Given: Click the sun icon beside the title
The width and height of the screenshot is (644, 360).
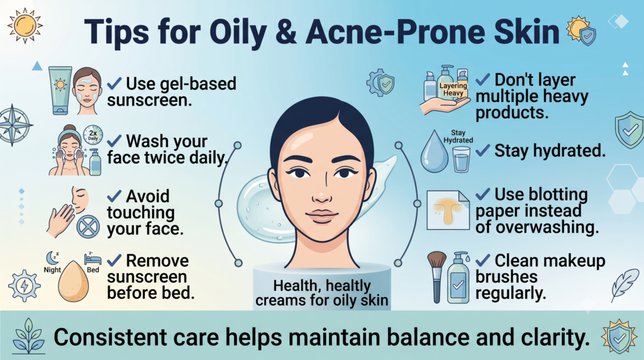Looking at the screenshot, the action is pyautogui.click(x=25, y=25).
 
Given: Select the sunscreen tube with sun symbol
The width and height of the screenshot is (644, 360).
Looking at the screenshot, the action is pyautogui.click(x=60, y=91).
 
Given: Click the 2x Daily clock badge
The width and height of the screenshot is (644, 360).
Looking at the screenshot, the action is pyautogui.click(x=93, y=135).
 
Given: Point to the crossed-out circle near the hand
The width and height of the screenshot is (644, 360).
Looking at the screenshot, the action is pyautogui.click(x=88, y=227).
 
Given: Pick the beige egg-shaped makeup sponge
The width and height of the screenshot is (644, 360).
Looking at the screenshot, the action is pyautogui.click(x=73, y=281).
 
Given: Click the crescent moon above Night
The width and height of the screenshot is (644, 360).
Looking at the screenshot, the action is pyautogui.click(x=52, y=258).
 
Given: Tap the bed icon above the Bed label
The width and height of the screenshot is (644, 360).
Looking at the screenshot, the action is pyautogui.click(x=93, y=259).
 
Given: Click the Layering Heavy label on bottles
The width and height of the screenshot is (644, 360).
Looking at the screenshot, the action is pyautogui.click(x=453, y=89).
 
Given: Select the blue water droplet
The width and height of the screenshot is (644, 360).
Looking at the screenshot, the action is pyautogui.click(x=435, y=152).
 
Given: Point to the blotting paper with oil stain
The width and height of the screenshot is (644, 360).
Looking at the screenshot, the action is pyautogui.click(x=448, y=210).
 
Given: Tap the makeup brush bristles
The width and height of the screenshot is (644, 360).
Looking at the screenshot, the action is pyautogui.click(x=436, y=260).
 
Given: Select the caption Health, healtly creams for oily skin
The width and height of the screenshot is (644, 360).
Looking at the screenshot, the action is pyautogui.click(x=321, y=293).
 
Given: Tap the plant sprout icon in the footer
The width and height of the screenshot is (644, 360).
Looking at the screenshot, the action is pyautogui.click(x=28, y=335).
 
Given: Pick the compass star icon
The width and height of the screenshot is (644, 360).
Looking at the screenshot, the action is pyautogui.click(x=15, y=125).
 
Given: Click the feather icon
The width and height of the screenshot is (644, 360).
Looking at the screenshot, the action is pyautogui.click(x=625, y=285).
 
